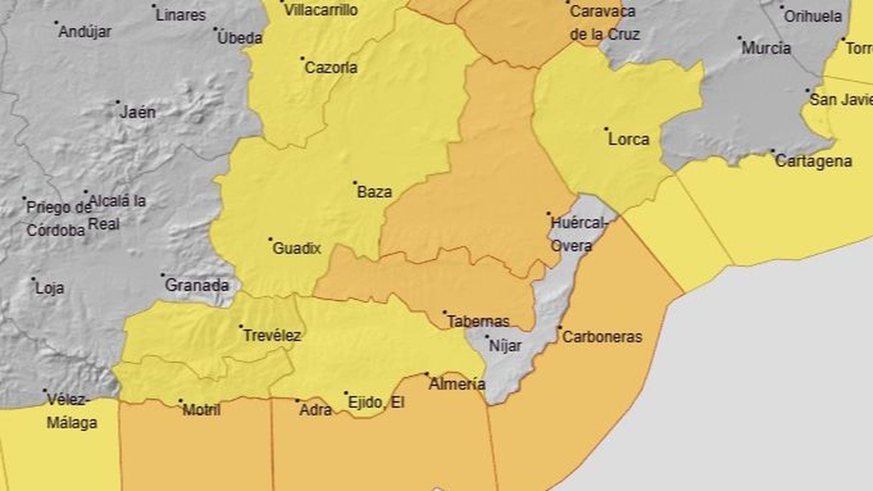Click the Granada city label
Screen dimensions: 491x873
click(x=196, y=285)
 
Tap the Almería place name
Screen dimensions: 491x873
click(x=457, y=384)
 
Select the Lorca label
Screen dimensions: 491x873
click(x=629, y=140)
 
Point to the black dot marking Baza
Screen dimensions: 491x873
click(x=355, y=183)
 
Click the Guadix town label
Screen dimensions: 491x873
click(x=296, y=249)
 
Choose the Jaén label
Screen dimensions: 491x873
click(x=137, y=112)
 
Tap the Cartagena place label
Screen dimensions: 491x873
click(x=813, y=161)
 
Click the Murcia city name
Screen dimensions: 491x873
click(x=766, y=48)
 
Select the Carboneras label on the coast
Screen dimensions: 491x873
click(x=602, y=337)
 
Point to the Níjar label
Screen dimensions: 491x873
click(x=505, y=346)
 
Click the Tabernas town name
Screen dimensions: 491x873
click(x=478, y=321)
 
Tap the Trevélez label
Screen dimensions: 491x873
click(x=271, y=336)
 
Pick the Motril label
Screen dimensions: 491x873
click(x=201, y=410)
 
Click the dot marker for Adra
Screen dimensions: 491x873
click(x=297, y=401)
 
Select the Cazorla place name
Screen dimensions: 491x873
click(x=331, y=68)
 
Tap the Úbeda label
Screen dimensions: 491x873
click(x=240, y=38)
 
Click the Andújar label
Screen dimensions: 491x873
click(x=85, y=32)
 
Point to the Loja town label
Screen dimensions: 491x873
click(x=49, y=288)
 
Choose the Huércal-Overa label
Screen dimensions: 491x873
click(x=571, y=235)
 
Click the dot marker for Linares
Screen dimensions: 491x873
click(x=154, y=6)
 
